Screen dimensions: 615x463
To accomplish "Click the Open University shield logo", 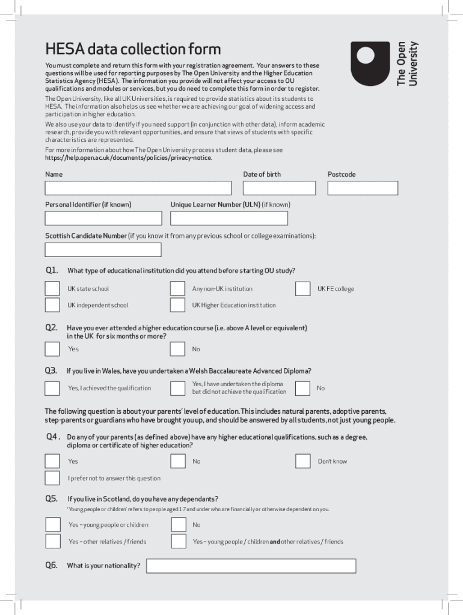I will pyautogui.click(x=373, y=63).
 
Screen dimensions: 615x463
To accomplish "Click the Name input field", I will pyautogui.click(x=138, y=188).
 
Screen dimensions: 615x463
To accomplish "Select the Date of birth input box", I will pyautogui.click(x=279, y=188).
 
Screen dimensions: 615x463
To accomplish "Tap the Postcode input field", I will pyautogui.click(x=363, y=188).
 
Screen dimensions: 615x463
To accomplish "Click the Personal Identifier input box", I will pyautogui.click(x=103, y=218).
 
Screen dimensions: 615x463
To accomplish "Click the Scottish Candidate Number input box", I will pyautogui.click(x=103, y=250).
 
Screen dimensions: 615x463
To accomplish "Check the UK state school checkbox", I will pyautogui.click(x=52, y=289).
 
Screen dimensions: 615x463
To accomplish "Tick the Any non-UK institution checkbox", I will pyautogui.click(x=177, y=289).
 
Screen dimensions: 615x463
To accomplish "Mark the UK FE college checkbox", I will pyautogui.click(x=303, y=289).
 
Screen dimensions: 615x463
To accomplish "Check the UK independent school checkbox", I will pyautogui.click(x=52, y=305).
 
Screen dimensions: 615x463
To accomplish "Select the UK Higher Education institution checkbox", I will pyautogui.click(x=177, y=305).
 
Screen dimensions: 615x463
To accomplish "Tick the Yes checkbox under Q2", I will pyautogui.click(x=52, y=349).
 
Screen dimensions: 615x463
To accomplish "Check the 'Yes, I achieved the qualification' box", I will pyautogui.click(x=52, y=388).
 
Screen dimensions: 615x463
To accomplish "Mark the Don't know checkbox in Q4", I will pyautogui.click(x=303, y=461).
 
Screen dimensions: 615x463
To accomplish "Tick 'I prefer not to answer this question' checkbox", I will pyautogui.click(x=52, y=478).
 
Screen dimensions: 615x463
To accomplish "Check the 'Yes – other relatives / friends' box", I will pyautogui.click(x=53, y=542).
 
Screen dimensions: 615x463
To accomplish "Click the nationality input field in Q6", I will pyautogui.click(x=251, y=566).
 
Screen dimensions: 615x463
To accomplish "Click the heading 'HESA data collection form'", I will pyautogui.click(x=133, y=49).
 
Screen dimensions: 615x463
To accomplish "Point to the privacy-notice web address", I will pyautogui.click(x=128, y=158).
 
